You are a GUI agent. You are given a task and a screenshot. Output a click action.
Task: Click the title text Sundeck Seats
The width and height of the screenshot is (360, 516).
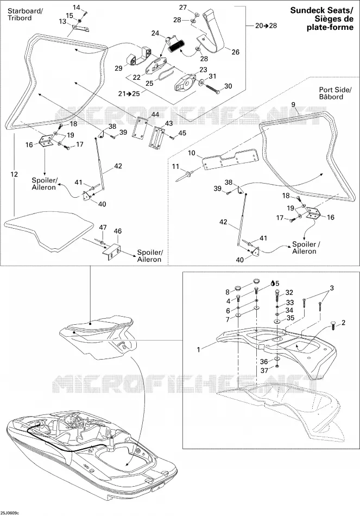click(x=321, y=10)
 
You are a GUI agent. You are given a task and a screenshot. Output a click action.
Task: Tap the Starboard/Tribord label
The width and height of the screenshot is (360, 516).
click(x=25, y=15)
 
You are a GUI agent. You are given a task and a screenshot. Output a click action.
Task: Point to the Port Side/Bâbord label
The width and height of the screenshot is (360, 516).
click(x=336, y=93)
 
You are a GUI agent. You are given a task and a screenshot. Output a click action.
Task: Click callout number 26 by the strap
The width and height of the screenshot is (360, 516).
click(x=235, y=52)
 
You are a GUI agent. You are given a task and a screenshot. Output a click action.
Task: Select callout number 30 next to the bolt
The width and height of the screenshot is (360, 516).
click(x=228, y=86)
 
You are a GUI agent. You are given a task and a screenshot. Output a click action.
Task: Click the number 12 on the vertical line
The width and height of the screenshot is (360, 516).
click(x=14, y=174)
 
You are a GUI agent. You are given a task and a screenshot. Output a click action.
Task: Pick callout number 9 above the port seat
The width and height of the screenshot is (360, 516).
click(x=293, y=105)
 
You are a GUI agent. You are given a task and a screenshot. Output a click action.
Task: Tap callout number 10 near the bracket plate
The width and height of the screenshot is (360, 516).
click(x=192, y=153)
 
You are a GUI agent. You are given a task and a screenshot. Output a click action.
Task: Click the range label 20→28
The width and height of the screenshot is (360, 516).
click(x=266, y=26)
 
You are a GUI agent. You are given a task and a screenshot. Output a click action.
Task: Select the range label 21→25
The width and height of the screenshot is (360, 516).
click(x=129, y=94)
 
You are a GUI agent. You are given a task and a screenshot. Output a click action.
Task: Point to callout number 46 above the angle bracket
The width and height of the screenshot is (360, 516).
click(x=117, y=231)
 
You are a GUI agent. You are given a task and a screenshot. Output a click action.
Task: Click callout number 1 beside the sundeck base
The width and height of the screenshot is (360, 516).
click(x=198, y=349)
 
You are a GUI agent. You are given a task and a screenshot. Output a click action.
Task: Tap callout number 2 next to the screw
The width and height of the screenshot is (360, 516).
click(x=344, y=323)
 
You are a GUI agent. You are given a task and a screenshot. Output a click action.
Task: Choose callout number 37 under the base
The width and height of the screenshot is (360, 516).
click(x=264, y=370)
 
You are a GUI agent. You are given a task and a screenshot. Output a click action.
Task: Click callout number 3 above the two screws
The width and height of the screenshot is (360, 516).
click(x=332, y=288)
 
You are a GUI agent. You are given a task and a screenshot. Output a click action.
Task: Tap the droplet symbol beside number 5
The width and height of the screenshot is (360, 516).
click(x=273, y=282)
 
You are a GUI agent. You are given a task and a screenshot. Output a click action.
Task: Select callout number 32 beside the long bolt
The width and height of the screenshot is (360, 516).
click(x=289, y=293)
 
